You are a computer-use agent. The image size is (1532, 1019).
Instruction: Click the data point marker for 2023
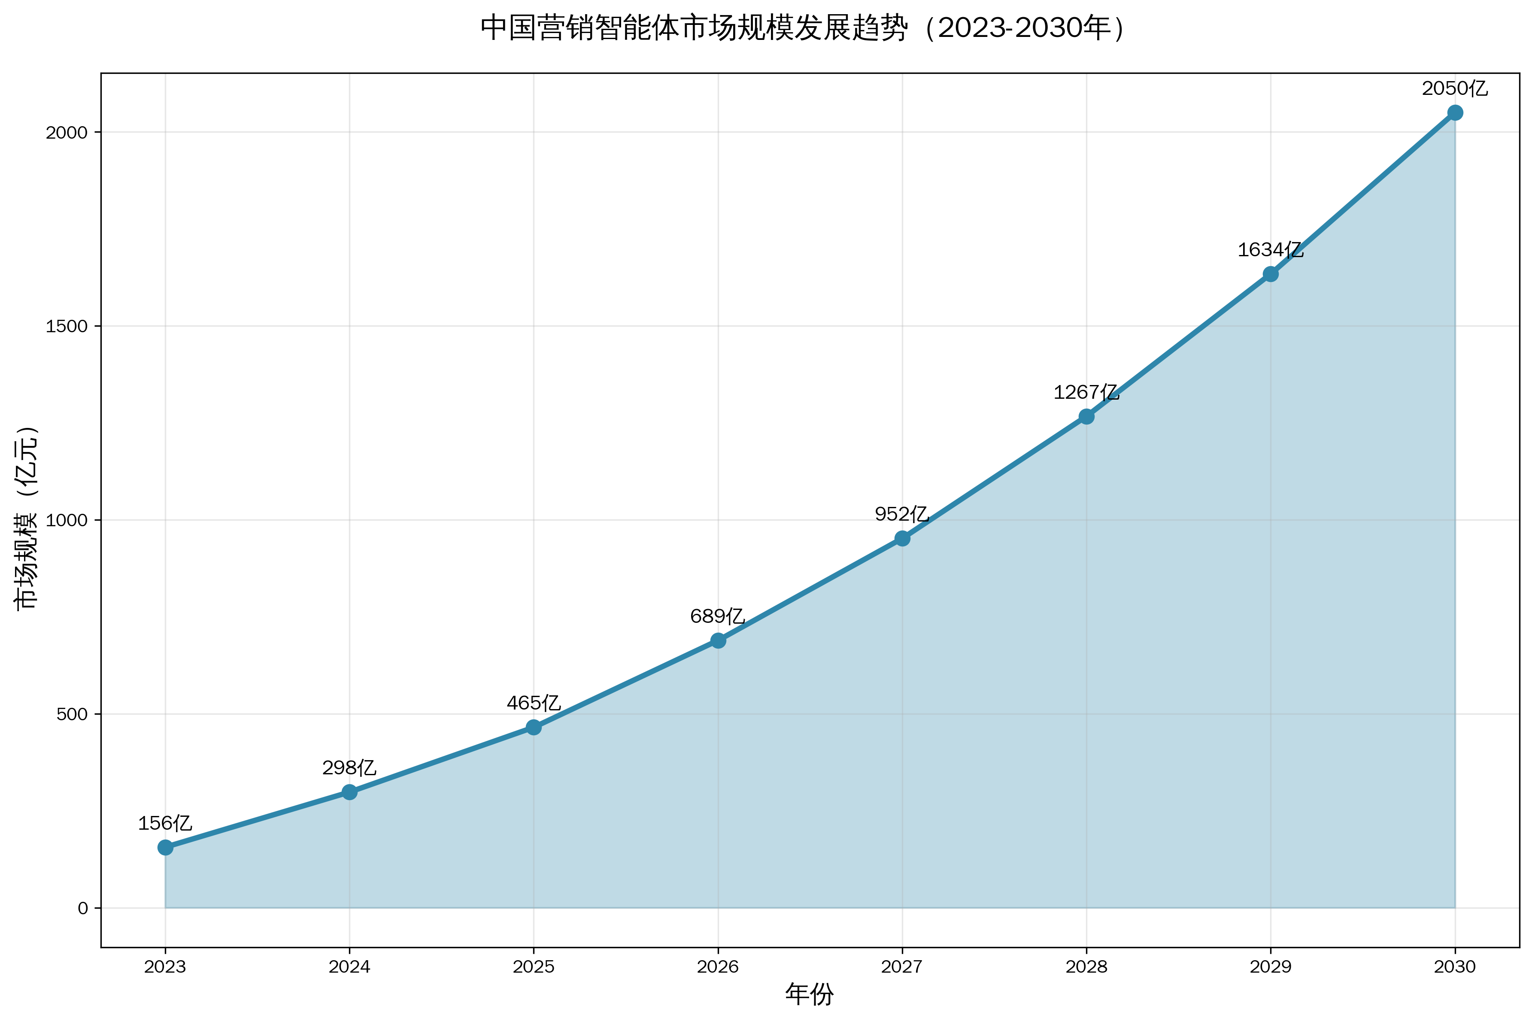coord(165,847)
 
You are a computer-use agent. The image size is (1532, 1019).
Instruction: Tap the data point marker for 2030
coord(1455,113)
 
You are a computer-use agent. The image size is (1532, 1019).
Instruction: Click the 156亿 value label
coord(165,823)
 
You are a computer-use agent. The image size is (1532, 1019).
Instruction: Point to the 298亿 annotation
coord(349,768)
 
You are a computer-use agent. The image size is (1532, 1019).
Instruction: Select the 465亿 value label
coord(534,703)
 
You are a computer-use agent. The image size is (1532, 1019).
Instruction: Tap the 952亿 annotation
coord(902,515)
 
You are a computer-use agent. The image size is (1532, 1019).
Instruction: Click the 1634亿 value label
coord(1270,250)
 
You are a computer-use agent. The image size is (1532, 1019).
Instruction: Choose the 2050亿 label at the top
coord(1455,88)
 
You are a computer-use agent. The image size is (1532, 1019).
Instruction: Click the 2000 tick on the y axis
coord(66,133)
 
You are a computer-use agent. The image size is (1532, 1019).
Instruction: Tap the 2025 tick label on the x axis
coord(534,967)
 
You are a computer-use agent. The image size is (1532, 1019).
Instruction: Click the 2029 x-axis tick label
coord(1270,967)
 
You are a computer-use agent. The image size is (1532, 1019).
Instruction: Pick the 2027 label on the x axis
coord(902,967)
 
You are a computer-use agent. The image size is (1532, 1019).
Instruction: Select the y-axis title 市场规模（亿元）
coord(27,519)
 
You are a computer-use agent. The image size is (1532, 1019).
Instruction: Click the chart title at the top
coord(803,29)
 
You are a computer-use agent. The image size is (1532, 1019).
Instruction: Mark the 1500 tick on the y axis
coord(66,326)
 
